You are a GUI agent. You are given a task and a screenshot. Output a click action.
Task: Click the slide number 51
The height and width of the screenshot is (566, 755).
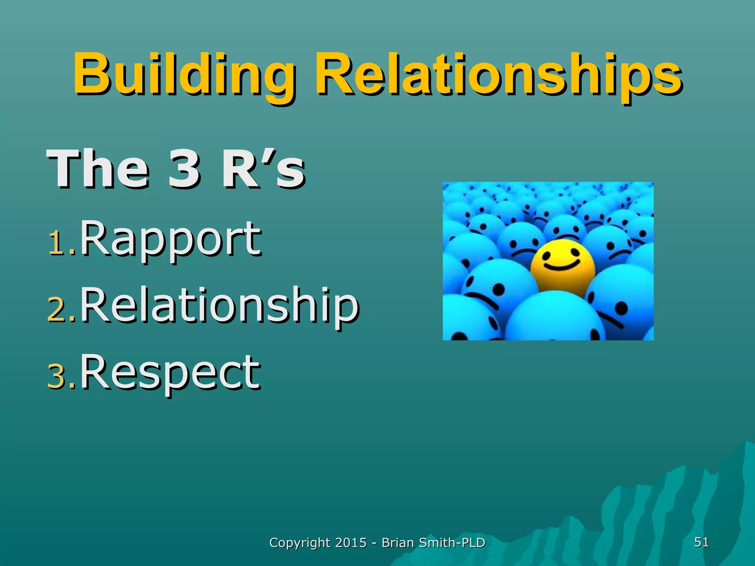pos(701,542)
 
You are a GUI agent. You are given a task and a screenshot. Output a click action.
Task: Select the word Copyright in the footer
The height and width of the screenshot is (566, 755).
pos(300,543)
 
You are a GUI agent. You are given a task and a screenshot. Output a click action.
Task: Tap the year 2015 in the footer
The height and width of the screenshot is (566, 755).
pos(351,542)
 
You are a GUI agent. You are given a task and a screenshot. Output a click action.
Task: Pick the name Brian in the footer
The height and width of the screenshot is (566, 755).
pos(397,542)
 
